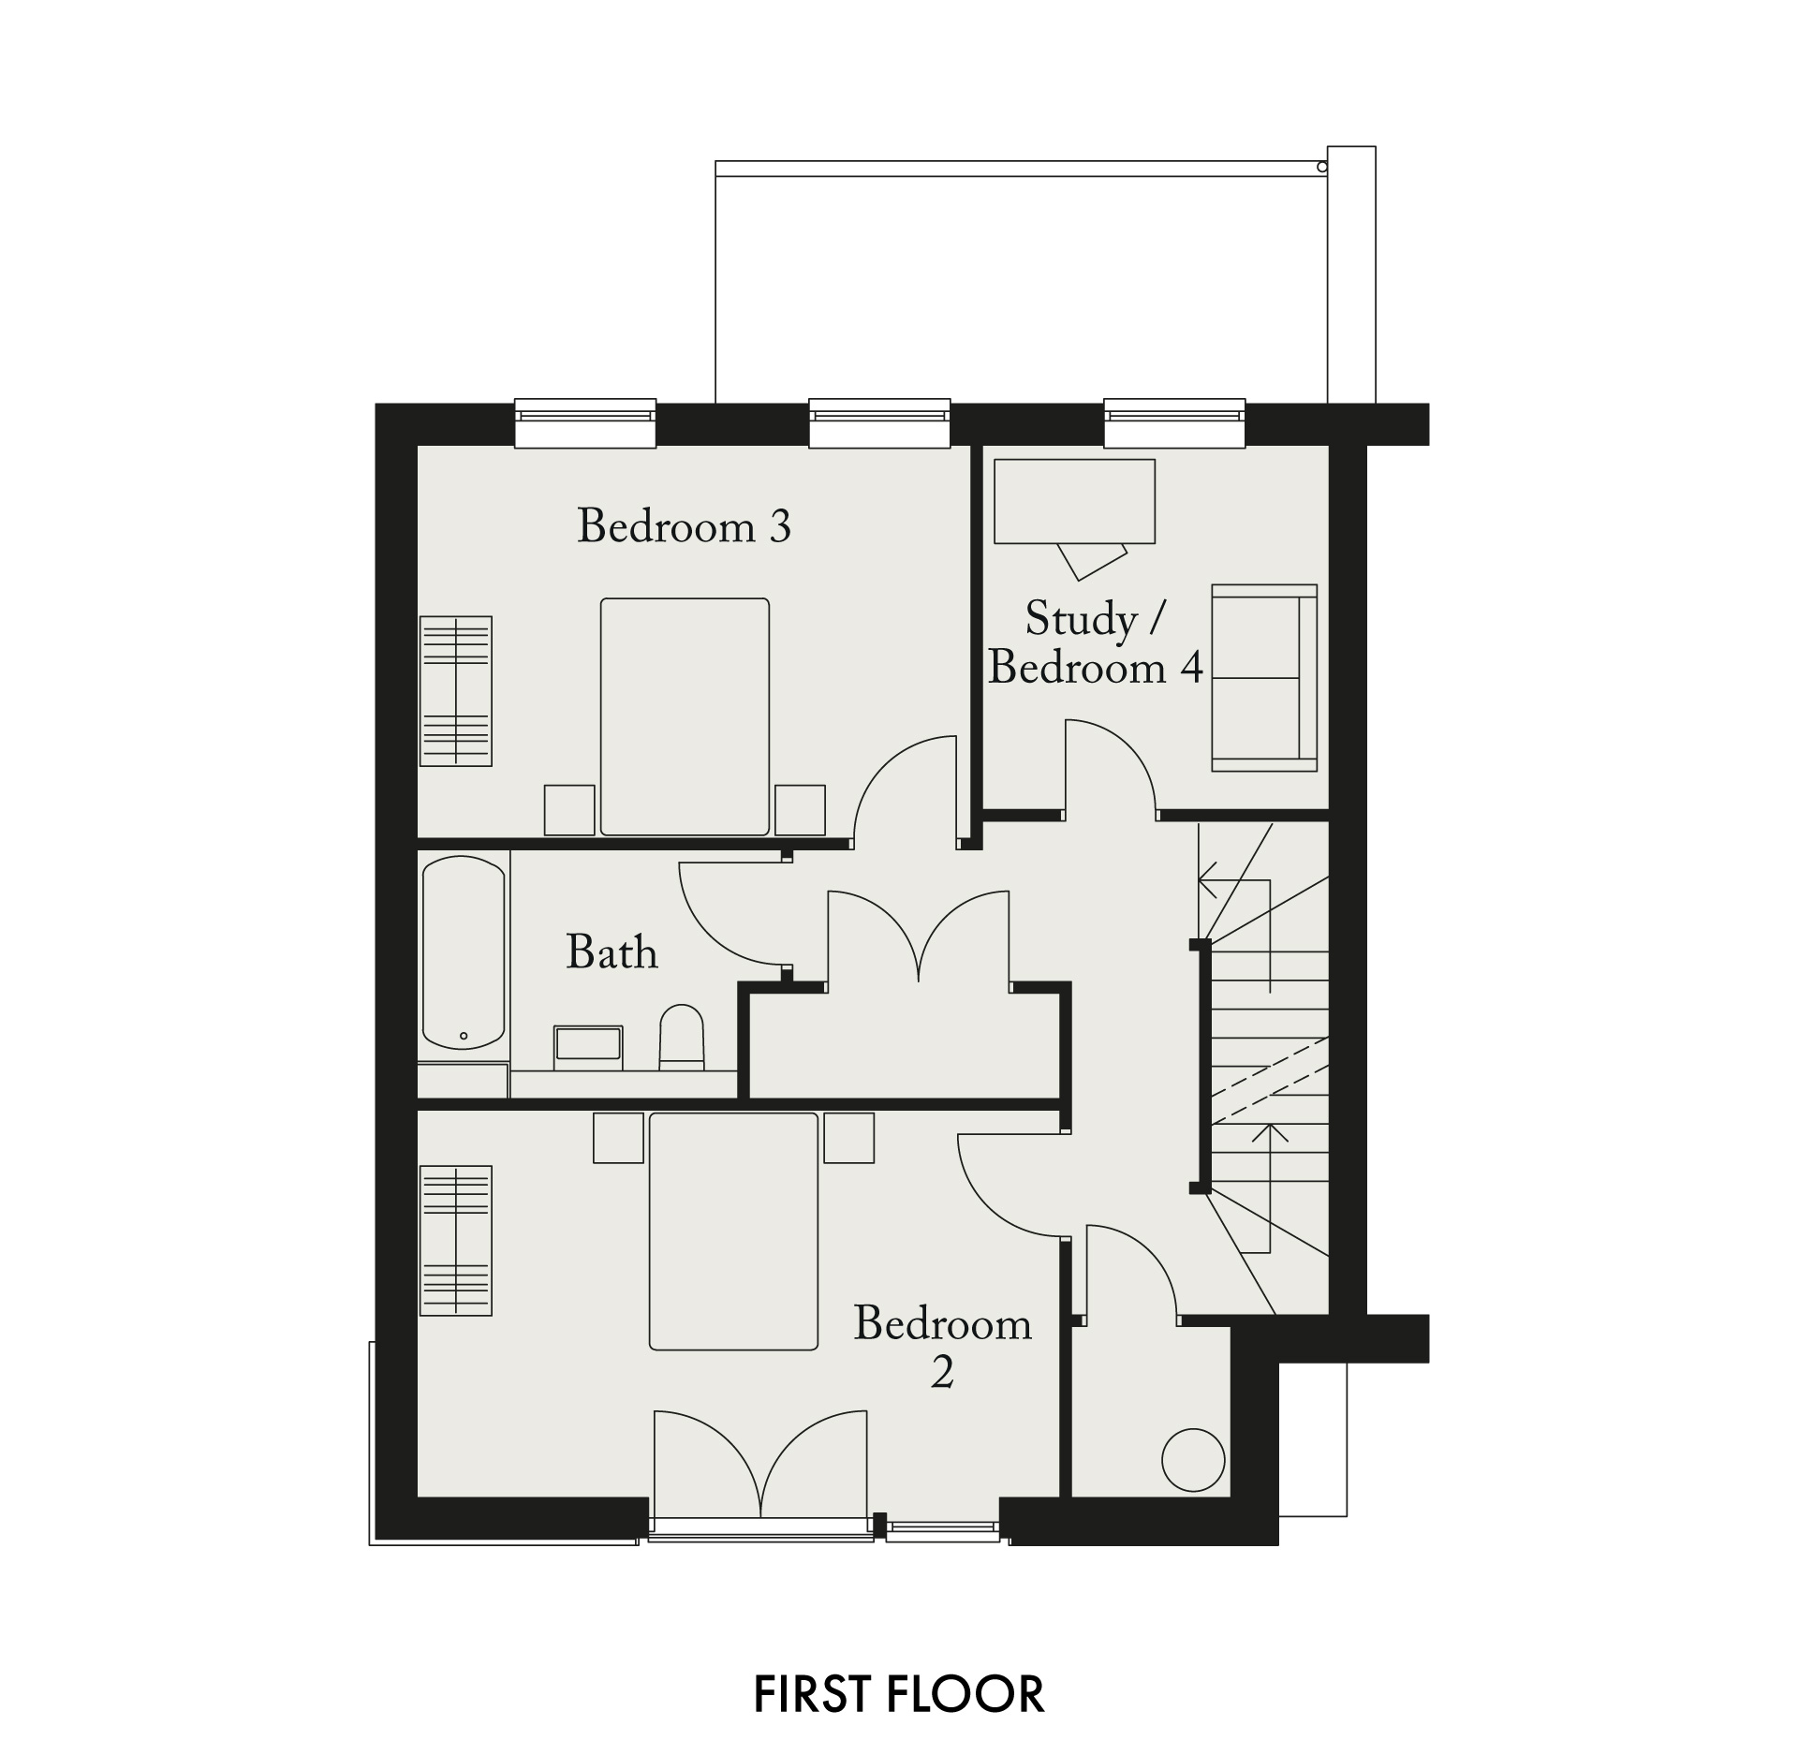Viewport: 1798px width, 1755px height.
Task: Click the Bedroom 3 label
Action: pos(685,526)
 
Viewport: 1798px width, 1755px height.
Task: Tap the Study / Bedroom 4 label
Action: pos(1095,643)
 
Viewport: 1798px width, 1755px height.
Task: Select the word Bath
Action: pos(612,952)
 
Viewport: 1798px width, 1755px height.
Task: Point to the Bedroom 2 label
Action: pos(942,1347)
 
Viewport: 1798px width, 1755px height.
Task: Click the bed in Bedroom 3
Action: pos(685,716)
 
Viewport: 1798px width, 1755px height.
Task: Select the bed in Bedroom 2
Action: pos(733,1231)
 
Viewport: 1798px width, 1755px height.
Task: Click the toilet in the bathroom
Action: pos(682,1037)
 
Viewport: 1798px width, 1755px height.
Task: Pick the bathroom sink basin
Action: pos(588,1047)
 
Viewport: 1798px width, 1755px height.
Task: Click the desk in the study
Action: pos(1074,501)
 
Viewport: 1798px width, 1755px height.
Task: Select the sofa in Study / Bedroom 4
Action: pos(1264,678)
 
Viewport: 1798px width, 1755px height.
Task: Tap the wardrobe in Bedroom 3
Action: pos(456,691)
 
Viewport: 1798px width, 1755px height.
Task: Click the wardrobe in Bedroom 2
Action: pos(456,1241)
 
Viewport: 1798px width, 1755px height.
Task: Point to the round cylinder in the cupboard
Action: pos(1193,1459)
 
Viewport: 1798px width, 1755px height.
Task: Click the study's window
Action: pos(1175,423)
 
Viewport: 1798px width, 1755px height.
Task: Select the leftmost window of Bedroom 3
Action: pos(585,423)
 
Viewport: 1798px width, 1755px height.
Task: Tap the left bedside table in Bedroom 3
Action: pos(569,810)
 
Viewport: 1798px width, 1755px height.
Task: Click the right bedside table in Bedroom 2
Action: pos(848,1138)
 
